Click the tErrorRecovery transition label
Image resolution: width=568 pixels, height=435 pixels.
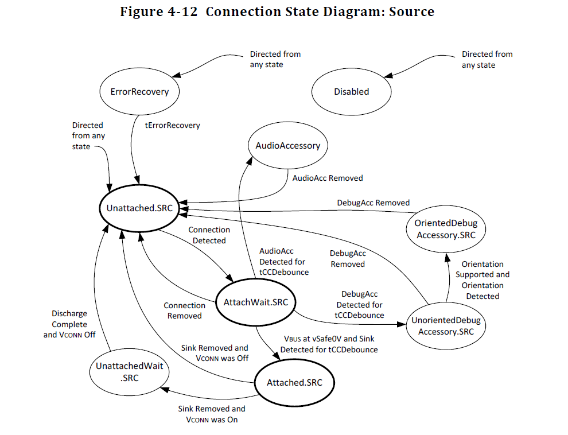173,125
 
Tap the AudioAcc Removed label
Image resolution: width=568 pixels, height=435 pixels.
328,178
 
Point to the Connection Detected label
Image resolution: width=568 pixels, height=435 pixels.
209,235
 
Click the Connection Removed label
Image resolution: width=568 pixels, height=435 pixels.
184,310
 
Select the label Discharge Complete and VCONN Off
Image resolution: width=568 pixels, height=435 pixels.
69,324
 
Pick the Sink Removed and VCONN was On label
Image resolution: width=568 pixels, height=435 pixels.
212,414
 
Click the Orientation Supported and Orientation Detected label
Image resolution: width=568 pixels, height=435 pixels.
483,280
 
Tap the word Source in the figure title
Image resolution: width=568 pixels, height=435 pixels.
411,11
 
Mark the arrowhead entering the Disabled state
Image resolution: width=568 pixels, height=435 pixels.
388,76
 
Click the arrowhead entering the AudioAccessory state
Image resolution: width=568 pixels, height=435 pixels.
249,161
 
